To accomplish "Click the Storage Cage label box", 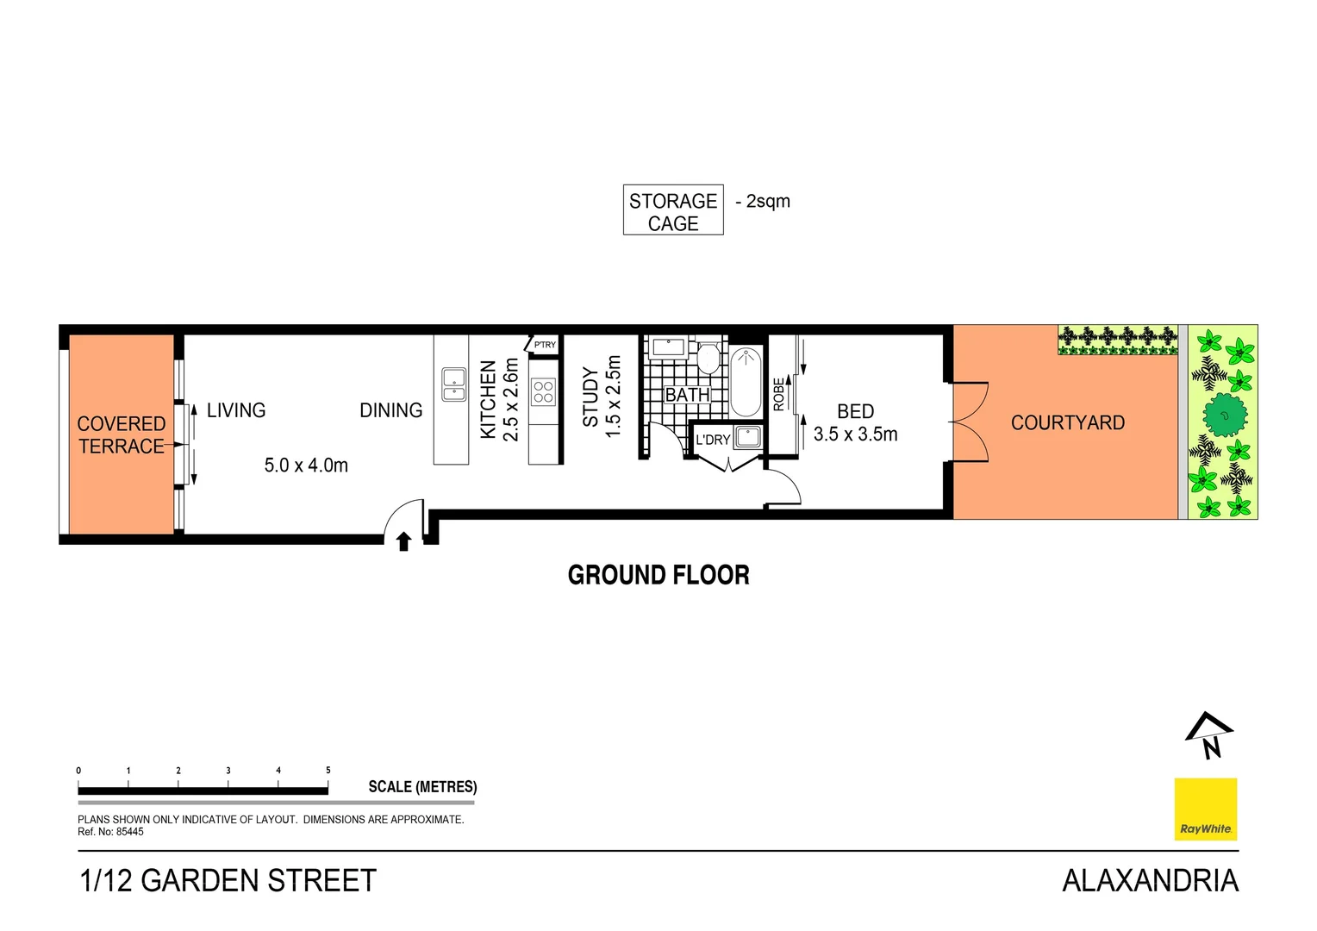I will (x=673, y=211).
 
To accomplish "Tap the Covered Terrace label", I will (x=122, y=435).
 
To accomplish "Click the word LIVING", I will (x=236, y=410).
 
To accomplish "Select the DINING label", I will (x=390, y=410).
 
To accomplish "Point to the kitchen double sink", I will (x=453, y=384).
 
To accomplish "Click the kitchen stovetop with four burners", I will (x=544, y=392).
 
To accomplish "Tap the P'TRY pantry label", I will (x=545, y=345).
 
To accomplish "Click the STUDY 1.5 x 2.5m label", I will (x=601, y=397).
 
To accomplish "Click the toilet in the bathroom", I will (x=708, y=358).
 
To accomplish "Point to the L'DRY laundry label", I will (x=713, y=440).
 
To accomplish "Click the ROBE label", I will (x=779, y=394).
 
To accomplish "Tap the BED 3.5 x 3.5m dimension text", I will (x=855, y=434).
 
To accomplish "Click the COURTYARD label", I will (x=1067, y=423).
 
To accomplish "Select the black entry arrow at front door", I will (x=403, y=540).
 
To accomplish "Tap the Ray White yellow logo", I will (x=1205, y=809).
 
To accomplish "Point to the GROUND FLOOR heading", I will (x=658, y=575).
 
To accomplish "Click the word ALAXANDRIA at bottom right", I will (x=1150, y=880).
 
